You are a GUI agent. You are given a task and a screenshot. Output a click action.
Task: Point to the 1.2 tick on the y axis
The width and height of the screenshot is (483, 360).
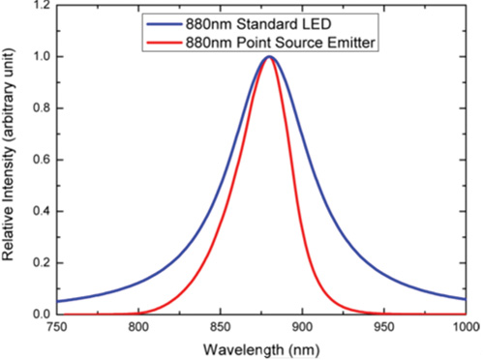point(39,6)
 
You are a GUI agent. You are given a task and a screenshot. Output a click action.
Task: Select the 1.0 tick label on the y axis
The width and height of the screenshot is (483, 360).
point(39,57)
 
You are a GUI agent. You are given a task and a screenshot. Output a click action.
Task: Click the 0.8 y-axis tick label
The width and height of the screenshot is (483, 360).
point(39,108)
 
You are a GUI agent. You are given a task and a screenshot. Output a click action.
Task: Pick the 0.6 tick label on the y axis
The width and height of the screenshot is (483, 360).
point(39,160)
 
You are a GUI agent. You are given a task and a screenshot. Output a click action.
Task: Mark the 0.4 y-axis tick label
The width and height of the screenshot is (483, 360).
point(39,211)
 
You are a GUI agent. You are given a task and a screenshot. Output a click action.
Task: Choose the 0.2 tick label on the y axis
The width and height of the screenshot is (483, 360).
point(39,262)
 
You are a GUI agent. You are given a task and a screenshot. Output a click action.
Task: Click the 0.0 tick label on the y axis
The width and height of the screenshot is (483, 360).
point(39,314)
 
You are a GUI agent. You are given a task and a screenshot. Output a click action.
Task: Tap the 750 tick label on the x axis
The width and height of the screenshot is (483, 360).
point(57,328)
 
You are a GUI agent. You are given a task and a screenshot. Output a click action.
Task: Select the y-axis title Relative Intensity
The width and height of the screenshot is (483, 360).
point(12,160)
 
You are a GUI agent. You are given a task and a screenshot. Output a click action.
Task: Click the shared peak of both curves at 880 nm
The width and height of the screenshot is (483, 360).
point(270,57)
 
